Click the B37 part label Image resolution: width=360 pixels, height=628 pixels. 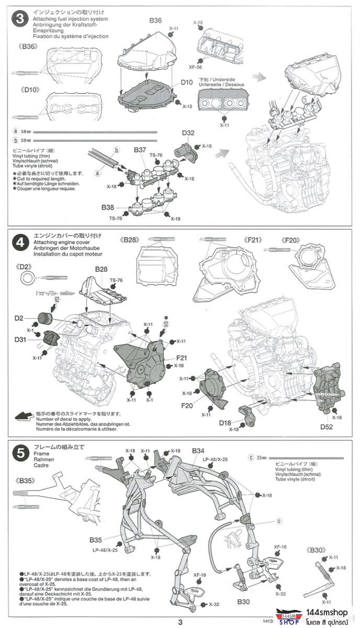click(x=140, y=149)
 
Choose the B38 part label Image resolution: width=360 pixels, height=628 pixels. click(x=108, y=207)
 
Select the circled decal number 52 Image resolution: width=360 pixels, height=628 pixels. click(x=166, y=324)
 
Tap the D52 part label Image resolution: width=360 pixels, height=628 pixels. click(x=326, y=426)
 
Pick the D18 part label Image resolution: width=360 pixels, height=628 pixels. click(x=225, y=423)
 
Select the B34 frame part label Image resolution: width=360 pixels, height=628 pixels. click(x=198, y=450)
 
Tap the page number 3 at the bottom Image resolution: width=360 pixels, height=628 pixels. click(x=180, y=622)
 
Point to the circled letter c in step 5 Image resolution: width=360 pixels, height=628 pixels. click(x=279, y=520)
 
